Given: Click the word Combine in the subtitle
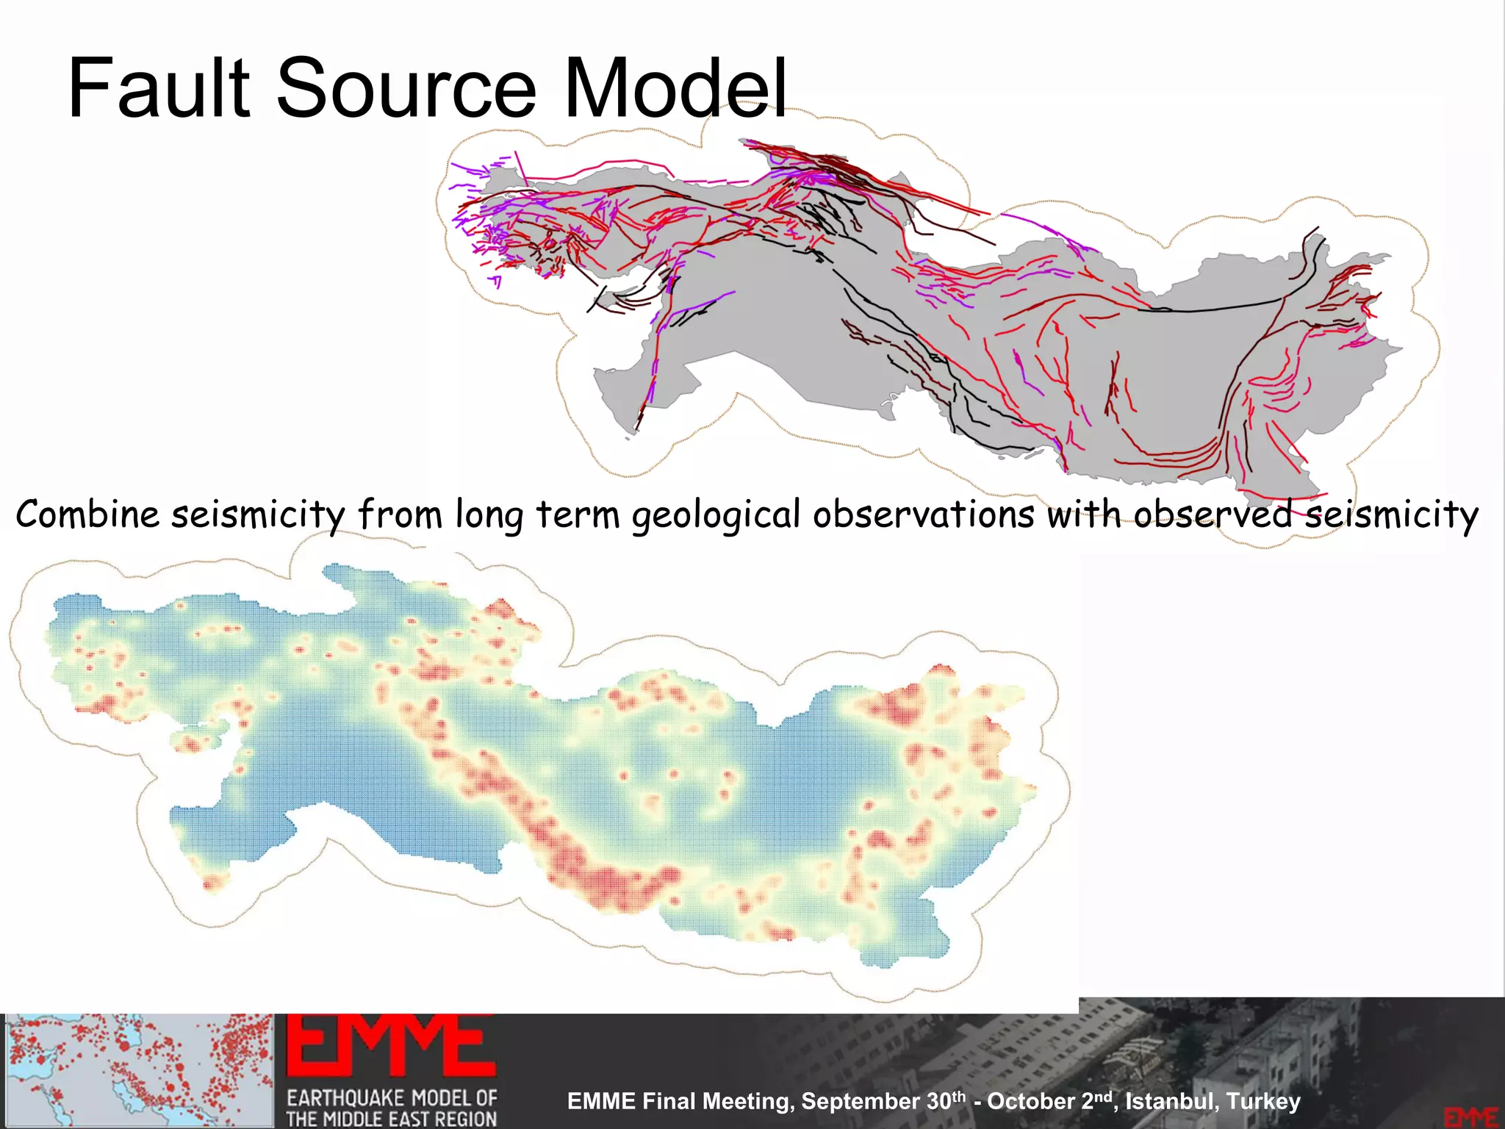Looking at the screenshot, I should pyautogui.click(x=87, y=514).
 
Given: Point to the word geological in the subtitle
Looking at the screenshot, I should pyautogui.click(x=716, y=515).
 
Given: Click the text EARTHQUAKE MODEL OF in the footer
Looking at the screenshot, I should pyautogui.click(x=392, y=1098).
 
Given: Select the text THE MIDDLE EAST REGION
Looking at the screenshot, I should pyautogui.click(x=391, y=1119).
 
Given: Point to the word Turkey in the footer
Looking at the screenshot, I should pyautogui.click(x=1263, y=1101).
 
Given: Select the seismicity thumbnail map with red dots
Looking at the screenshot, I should pyautogui.click(x=138, y=1070).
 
